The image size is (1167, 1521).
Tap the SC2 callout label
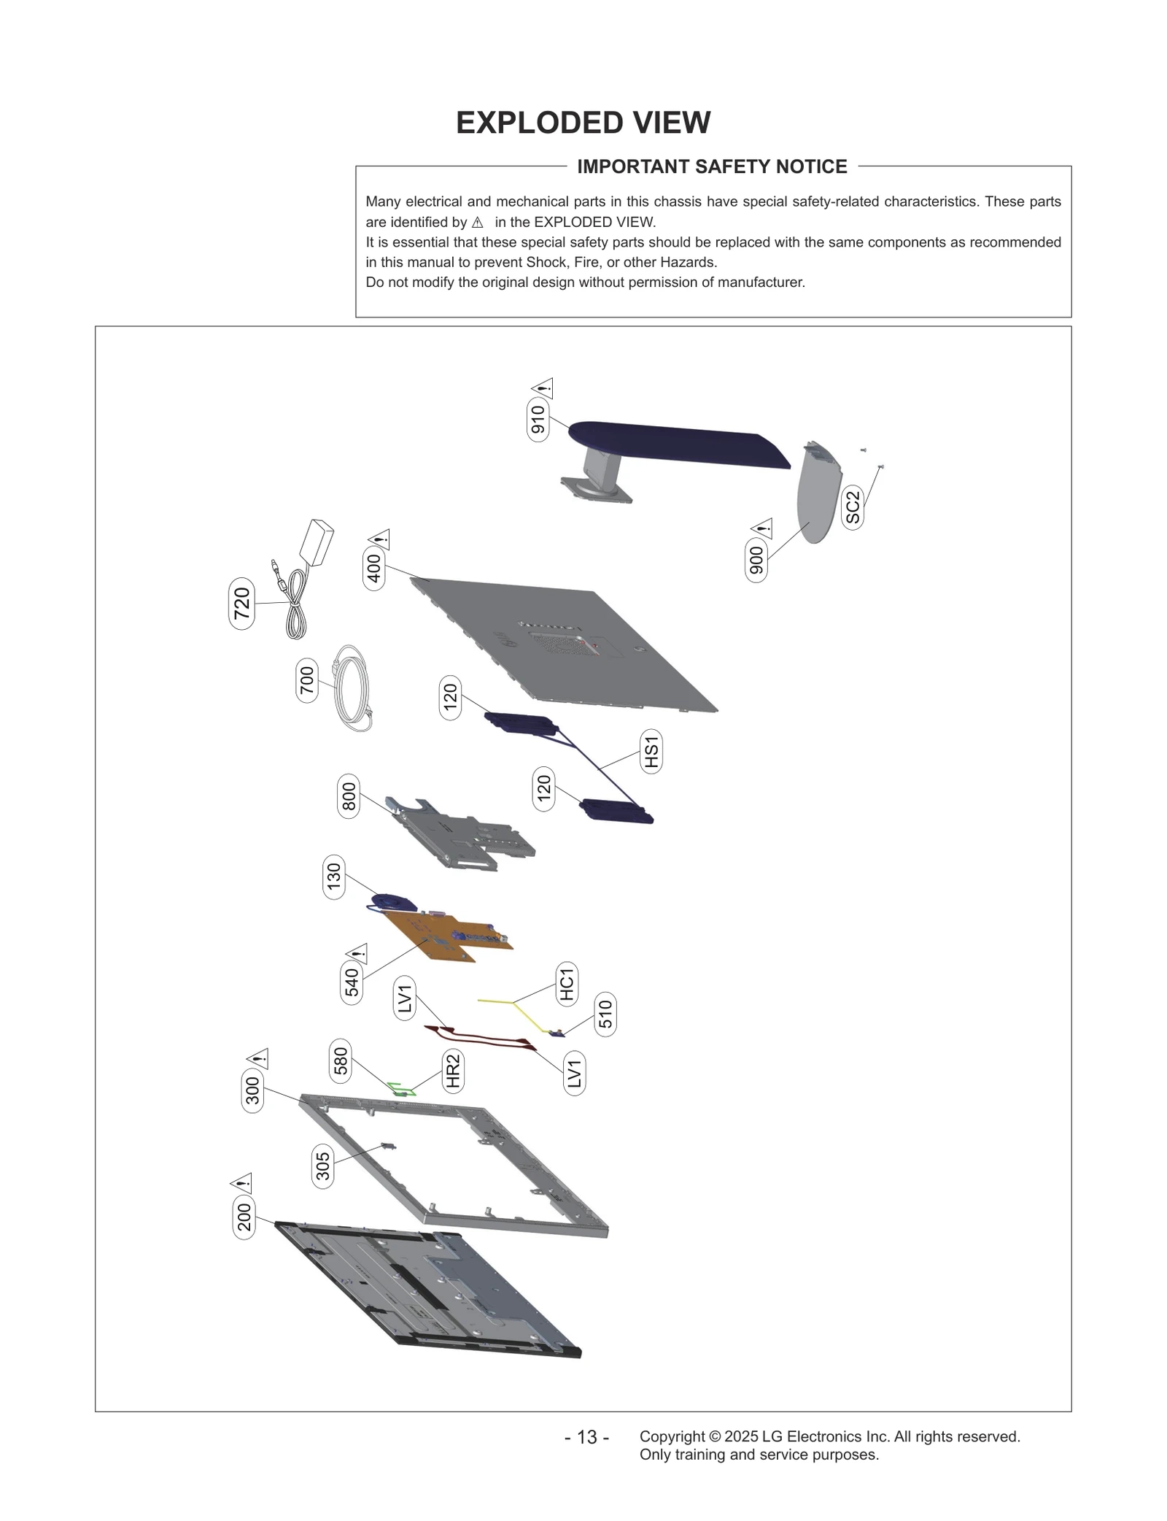[x=853, y=508]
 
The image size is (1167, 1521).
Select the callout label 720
[x=241, y=604]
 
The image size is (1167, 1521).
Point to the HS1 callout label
[x=651, y=752]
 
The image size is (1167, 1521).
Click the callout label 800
[x=349, y=796]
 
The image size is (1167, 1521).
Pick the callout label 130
[x=333, y=877]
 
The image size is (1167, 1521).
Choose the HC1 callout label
[x=567, y=983]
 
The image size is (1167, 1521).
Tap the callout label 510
[x=605, y=1014]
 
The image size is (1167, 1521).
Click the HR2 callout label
[x=453, y=1071]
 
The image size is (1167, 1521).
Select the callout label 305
[x=322, y=1166]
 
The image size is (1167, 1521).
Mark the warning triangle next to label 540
[x=357, y=954]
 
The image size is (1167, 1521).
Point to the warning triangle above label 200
[x=241, y=1183]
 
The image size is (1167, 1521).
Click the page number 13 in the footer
[x=587, y=1438]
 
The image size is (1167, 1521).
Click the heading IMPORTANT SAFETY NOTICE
[x=712, y=167]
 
